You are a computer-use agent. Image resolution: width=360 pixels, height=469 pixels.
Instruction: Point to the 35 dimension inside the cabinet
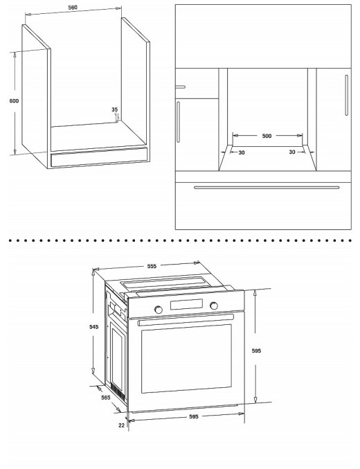pyautogui.click(x=114, y=109)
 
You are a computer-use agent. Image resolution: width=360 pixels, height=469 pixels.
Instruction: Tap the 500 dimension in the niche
pyautogui.click(x=267, y=136)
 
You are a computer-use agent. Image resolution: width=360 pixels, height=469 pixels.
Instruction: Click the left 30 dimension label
pyautogui.click(x=242, y=152)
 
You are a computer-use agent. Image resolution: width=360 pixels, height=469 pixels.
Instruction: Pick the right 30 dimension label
pyautogui.click(x=292, y=152)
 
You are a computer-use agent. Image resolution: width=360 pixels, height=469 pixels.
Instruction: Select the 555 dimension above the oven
pyautogui.click(x=152, y=266)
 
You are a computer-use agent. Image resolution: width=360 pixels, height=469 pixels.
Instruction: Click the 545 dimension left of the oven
pyautogui.click(x=95, y=326)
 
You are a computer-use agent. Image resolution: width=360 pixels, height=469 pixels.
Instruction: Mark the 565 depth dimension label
pyautogui.click(x=106, y=398)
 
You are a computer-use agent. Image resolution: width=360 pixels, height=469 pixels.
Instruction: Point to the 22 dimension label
pyautogui.click(x=121, y=425)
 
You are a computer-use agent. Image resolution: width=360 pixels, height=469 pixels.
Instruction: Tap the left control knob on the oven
pyautogui.click(x=159, y=308)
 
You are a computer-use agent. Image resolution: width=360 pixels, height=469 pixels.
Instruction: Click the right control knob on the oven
pyautogui.click(x=213, y=306)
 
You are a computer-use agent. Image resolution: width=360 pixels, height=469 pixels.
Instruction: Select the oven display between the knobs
pyautogui.click(x=186, y=307)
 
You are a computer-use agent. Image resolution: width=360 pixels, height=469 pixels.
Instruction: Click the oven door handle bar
pyautogui.click(x=185, y=321)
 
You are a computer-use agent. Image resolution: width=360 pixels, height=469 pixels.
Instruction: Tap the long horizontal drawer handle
pyautogui.click(x=267, y=187)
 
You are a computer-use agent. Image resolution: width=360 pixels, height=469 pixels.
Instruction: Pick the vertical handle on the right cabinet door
pyautogui.click(x=346, y=96)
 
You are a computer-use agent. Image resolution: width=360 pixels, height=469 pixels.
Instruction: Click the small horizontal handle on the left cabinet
pyautogui.click(x=181, y=87)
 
